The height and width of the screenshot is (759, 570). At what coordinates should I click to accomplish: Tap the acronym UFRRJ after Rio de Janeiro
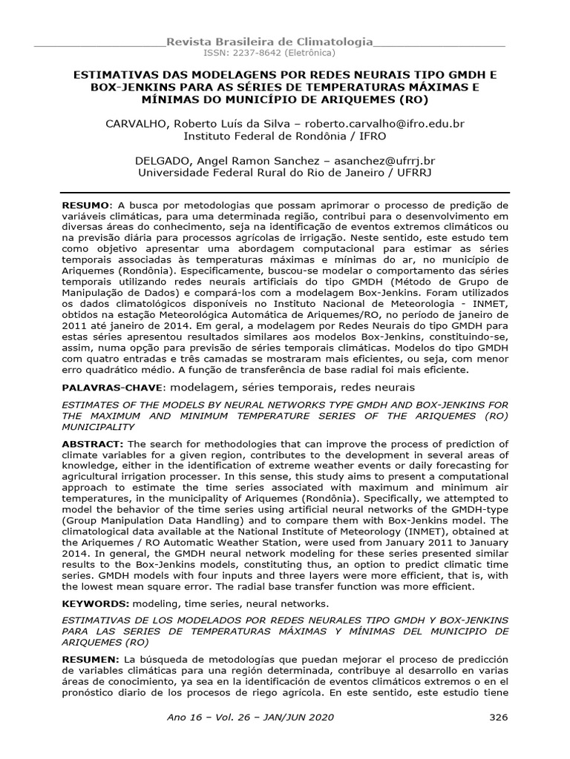(x=412, y=173)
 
